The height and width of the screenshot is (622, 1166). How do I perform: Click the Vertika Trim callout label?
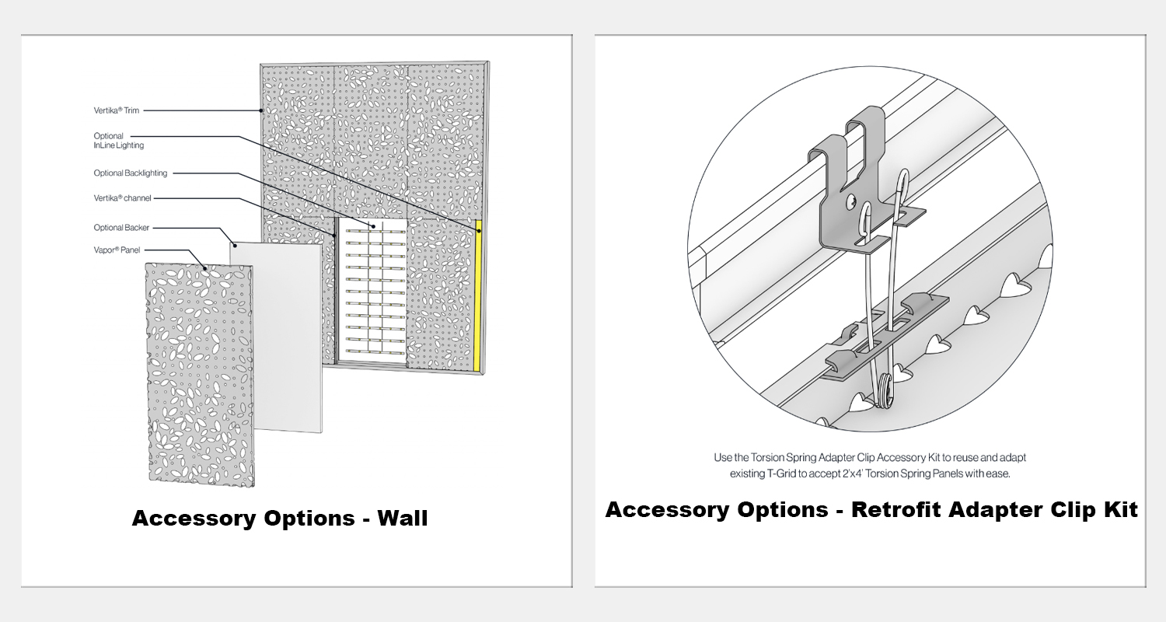pyautogui.click(x=116, y=110)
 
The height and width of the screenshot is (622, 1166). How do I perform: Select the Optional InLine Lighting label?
pyautogui.click(x=119, y=141)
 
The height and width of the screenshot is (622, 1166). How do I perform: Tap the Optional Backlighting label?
pyautogui.click(x=130, y=173)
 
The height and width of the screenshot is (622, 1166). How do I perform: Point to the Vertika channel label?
pyautogui.click(x=122, y=197)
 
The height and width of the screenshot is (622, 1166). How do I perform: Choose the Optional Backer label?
pyautogui.click(x=121, y=228)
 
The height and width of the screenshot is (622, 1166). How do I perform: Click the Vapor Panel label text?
pyautogui.click(x=117, y=250)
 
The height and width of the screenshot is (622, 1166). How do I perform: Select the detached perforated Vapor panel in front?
pyautogui.click(x=201, y=375)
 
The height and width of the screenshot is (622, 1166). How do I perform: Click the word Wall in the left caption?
pyautogui.click(x=403, y=518)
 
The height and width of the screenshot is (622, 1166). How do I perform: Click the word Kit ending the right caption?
pyautogui.click(x=1120, y=509)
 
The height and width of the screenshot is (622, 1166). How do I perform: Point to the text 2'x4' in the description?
pyautogui.click(x=853, y=473)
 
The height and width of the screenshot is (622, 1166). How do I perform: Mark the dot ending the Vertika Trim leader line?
pyautogui.click(x=261, y=110)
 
